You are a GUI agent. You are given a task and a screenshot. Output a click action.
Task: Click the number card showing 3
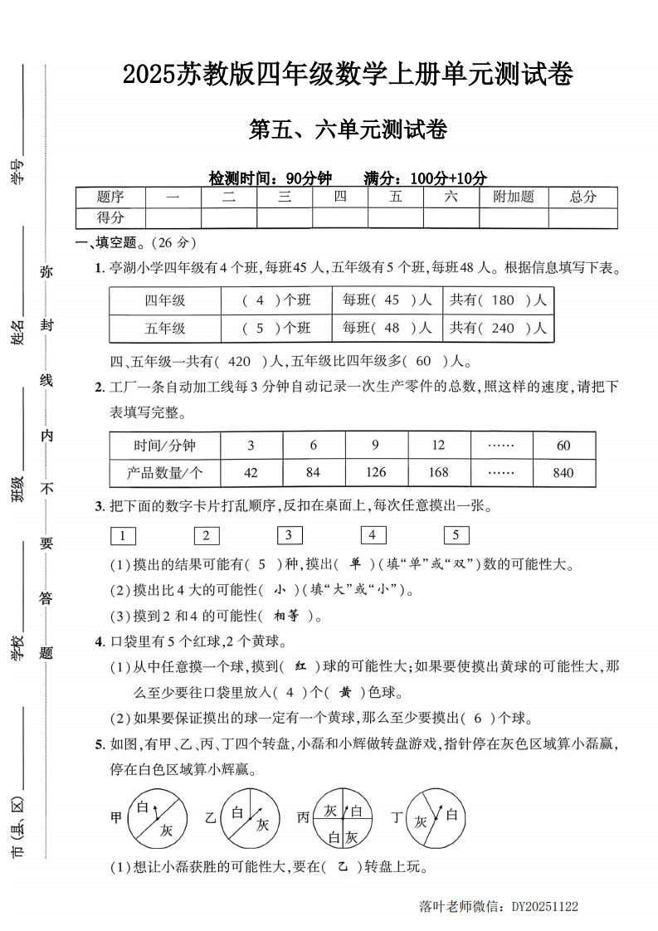290,535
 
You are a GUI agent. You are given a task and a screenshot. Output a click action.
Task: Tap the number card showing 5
456,535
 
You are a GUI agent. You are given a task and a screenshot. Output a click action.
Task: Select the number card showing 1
123,535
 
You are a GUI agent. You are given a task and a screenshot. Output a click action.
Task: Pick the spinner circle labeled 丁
437,817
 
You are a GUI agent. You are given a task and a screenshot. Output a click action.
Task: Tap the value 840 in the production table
563,472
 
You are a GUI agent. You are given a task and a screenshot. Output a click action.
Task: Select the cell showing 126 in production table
376,472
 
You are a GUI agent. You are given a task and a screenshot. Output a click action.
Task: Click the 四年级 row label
165,300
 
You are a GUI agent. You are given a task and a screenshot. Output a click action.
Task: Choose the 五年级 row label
165,328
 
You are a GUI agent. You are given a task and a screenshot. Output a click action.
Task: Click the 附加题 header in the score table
514,197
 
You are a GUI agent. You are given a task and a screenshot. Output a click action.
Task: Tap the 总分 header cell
582,197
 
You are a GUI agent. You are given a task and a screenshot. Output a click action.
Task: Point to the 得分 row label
110,217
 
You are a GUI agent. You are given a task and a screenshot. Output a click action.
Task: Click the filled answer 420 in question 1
239,362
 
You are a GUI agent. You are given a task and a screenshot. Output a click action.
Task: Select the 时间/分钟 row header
165,446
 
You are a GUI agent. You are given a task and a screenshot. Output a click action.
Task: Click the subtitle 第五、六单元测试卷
348,130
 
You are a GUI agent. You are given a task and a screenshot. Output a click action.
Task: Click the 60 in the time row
563,446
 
